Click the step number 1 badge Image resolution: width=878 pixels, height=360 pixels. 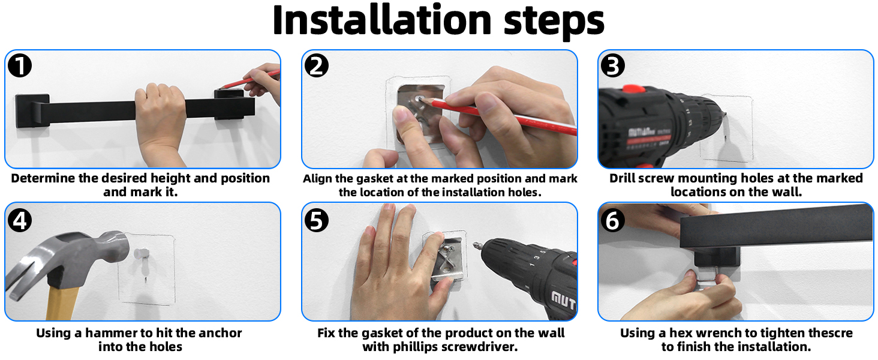click(x=20, y=65)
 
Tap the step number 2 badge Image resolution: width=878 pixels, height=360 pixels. click(x=316, y=65)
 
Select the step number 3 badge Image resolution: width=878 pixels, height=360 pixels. click(x=613, y=65)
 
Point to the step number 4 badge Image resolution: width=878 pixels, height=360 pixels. click(x=20, y=220)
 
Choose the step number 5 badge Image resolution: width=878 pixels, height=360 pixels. click(x=316, y=220)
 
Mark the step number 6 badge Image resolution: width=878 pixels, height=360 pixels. click(x=613, y=220)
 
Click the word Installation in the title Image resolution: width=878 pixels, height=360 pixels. click(x=382, y=20)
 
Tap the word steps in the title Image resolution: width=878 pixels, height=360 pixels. click(x=554, y=22)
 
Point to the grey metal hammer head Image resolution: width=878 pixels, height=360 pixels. click(x=67, y=259)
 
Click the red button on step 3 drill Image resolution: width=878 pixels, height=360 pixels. click(x=634, y=89)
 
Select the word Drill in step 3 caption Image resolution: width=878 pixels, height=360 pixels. click(x=622, y=178)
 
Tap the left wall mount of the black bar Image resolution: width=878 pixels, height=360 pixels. click(x=32, y=111)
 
